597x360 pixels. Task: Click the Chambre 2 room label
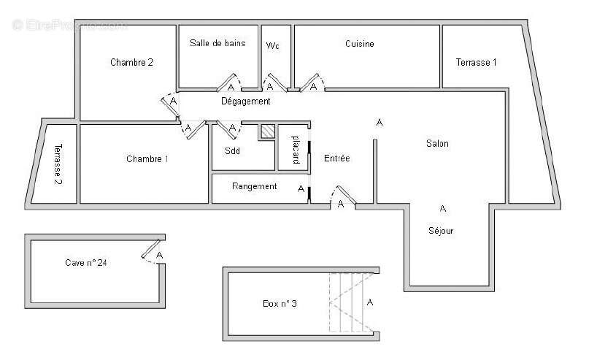pos(131,62)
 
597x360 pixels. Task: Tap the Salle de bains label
pos(217,43)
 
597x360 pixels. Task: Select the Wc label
pos(273,45)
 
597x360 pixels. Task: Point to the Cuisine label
pos(359,44)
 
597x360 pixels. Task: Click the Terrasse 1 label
pos(476,62)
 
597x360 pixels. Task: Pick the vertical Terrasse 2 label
pos(57,163)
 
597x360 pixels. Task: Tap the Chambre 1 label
pos(147,158)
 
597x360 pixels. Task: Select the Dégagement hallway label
pos(246,102)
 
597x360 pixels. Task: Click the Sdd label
pos(232,151)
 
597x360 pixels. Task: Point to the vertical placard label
pos(296,148)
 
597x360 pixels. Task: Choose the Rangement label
pos(254,186)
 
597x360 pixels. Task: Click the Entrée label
pos(336,158)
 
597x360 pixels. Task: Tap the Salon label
pos(437,144)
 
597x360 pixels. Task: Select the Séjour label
pos(441,231)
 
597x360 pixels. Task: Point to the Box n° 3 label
pos(280,303)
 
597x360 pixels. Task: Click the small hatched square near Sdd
pos(268,131)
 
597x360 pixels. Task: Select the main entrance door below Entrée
pos(342,195)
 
